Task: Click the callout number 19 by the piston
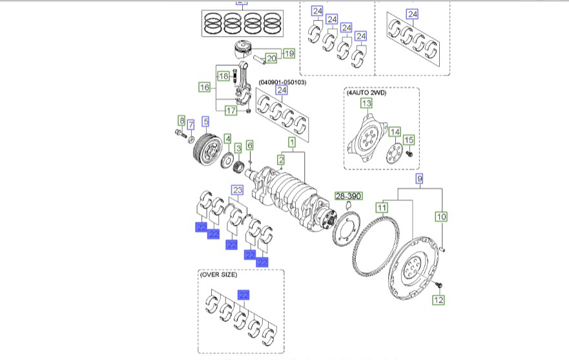[x=288, y=53]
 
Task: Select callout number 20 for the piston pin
[x=271, y=59]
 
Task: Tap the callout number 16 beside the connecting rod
[x=204, y=87]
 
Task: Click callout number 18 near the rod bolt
[x=223, y=76]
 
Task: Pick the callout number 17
[x=231, y=111]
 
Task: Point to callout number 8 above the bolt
[x=181, y=120]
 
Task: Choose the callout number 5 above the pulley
[x=205, y=120]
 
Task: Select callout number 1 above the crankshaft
[x=292, y=141]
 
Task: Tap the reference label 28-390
[x=349, y=196]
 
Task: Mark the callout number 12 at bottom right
[x=439, y=300]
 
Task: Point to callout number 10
[x=442, y=217]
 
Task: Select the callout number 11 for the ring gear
[x=382, y=207]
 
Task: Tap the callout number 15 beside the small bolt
[x=408, y=140]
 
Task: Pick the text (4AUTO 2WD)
[x=366, y=92]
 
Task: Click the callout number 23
[x=237, y=190]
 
